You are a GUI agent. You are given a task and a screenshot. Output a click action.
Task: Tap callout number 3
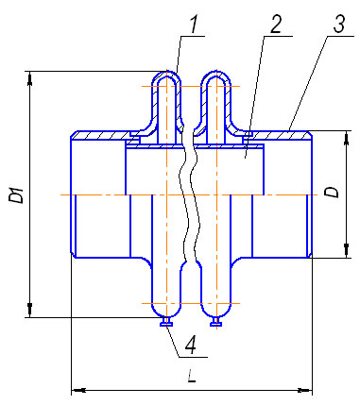point(339,23)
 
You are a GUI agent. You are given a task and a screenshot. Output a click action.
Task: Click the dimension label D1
point(16,194)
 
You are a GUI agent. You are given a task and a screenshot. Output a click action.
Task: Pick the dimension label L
point(192,376)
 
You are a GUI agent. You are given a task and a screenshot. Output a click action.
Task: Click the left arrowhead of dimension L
point(78,391)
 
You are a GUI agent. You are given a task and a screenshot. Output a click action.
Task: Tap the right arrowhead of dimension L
point(305,391)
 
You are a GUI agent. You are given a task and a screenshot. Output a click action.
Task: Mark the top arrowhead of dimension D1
point(30,78)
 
